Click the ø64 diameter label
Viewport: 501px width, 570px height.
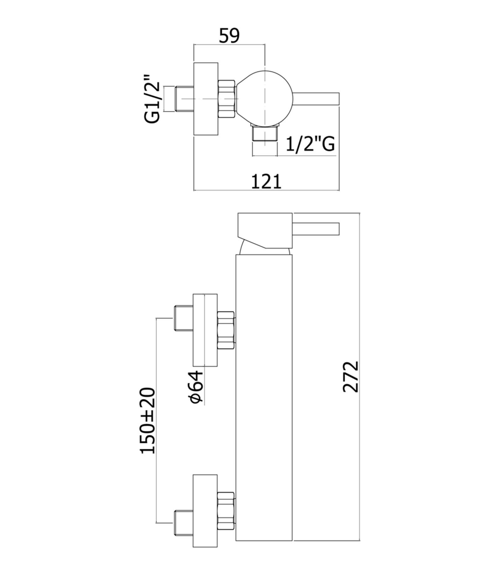click(x=196, y=387)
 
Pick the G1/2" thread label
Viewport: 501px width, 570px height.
click(x=152, y=99)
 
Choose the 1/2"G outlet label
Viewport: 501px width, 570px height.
click(x=310, y=144)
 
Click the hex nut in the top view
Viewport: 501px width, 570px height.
click(x=226, y=99)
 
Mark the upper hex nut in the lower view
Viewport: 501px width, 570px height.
click(x=226, y=330)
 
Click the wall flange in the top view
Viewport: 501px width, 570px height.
click(x=205, y=99)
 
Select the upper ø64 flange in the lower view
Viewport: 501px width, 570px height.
click(x=205, y=330)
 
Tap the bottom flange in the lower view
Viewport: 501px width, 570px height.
click(x=205, y=511)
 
